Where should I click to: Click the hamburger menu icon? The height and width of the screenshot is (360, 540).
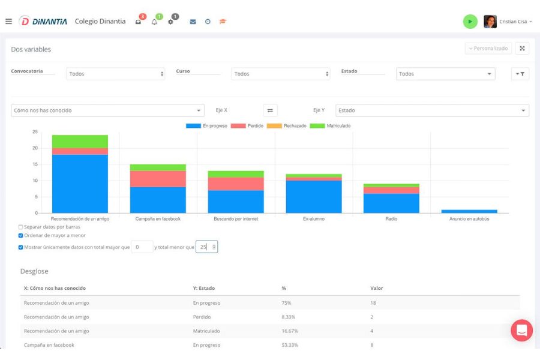pos(8,22)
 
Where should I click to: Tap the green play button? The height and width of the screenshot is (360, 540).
pos(470,22)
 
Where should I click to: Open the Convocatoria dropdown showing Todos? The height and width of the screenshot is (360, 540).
pos(115,74)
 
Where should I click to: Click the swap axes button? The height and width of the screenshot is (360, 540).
pos(270,110)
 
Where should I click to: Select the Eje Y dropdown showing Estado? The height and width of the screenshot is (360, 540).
pos(432,110)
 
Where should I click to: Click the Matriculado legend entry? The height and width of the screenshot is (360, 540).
pos(330,126)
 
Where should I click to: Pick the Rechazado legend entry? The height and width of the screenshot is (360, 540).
pos(287,126)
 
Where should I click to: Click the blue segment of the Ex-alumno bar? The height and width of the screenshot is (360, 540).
pos(314,197)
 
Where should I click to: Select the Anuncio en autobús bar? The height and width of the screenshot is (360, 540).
pos(469,211)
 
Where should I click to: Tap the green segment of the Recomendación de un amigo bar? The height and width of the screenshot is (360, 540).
pos(80,142)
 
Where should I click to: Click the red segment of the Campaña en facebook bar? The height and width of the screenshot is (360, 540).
pos(158,179)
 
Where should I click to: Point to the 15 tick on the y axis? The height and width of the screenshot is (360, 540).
pos(35,164)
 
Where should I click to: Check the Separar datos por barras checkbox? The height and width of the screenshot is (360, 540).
pos(20,227)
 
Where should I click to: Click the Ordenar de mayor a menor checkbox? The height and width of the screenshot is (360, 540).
pos(20,236)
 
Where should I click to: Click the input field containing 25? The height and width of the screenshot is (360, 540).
pos(206,247)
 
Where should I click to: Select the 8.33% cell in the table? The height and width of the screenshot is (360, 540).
pos(288,317)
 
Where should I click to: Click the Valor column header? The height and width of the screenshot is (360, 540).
pos(376,288)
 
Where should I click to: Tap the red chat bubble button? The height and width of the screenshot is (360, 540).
pos(522,331)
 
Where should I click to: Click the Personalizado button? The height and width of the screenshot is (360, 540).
pos(488,49)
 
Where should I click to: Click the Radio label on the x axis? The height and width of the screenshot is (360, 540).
pos(391,219)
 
